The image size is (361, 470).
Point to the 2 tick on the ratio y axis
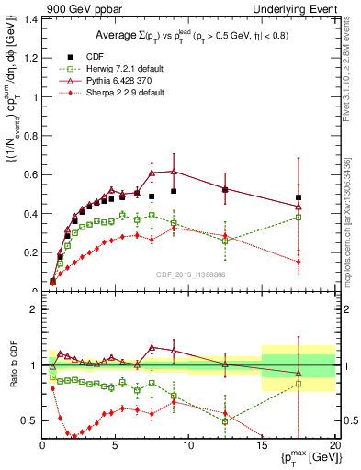point(32,309)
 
